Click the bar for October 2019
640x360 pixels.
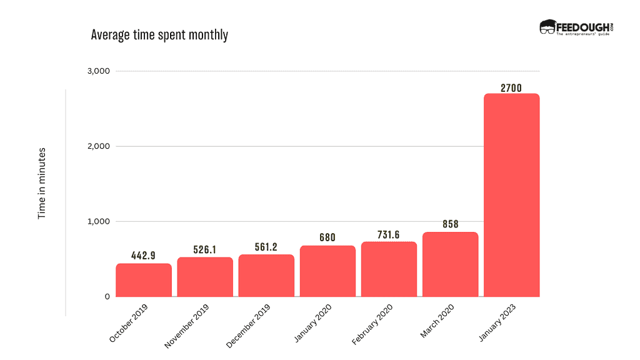(144, 281)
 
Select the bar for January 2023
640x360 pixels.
(511, 195)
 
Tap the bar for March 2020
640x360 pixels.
(450, 264)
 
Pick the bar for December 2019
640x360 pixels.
(266, 276)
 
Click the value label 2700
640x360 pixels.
(511, 88)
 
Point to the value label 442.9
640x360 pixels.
(144, 256)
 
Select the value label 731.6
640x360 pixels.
(389, 235)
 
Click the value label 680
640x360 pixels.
(327, 237)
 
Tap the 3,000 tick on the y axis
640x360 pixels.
(98, 71)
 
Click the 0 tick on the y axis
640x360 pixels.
(107, 296)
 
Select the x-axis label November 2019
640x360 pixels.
(187, 325)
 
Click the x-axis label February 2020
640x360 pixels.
(372, 324)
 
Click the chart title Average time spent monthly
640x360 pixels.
(159, 35)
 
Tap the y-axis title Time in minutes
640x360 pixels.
(42, 183)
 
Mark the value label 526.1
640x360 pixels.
(205, 249)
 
